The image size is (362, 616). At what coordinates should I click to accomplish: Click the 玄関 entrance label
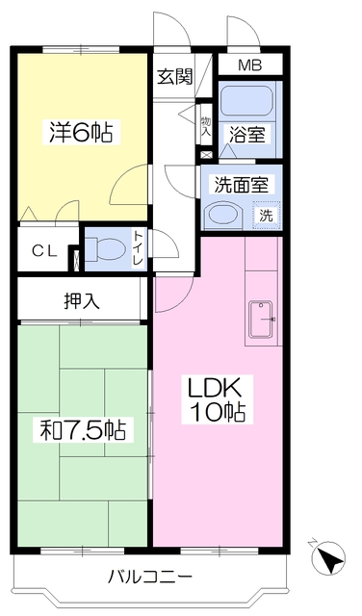pyautogui.click(x=175, y=77)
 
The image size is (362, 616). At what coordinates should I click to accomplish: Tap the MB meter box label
pyautogui.click(x=250, y=65)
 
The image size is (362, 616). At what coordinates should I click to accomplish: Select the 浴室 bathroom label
pyautogui.click(x=247, y=135)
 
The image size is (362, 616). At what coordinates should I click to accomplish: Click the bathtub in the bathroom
pyautogui.click(x=246, y=100)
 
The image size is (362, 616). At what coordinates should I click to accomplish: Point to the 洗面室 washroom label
pyautogui.click(x=242, y=185)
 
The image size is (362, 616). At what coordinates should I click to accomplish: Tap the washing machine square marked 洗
pyautogui.click(x=267, y=215)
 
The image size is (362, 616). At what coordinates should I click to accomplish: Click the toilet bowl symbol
pyautogui.click(x=106, y=249)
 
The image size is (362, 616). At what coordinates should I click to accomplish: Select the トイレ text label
pyautogui.click(x=139, y=248)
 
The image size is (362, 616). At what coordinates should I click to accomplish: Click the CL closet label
pyautogui.click(x=44, y=250)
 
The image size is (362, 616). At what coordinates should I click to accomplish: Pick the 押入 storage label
pyautogui.click(x=82, y=301)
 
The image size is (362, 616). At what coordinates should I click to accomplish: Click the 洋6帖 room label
pyautogui.click(x=81, y=133)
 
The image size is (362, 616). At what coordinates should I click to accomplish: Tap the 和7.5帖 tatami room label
pyautogui.click(x=83, y=430)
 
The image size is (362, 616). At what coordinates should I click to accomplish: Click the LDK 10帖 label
pyautogui.click(x=217, y=399)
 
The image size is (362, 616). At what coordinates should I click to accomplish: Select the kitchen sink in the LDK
pyautogui.click(x=261, y=319)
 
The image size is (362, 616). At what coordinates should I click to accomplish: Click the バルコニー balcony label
pyautogui.click(x=150, y=577)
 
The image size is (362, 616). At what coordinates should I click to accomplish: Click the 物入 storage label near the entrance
pyautogui.click(x=206, y=126)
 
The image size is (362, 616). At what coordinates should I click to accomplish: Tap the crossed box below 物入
pyautogui.click(x=206, y=155)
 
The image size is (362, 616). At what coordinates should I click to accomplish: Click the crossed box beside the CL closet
pyautogui.click(x=77, y=260)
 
